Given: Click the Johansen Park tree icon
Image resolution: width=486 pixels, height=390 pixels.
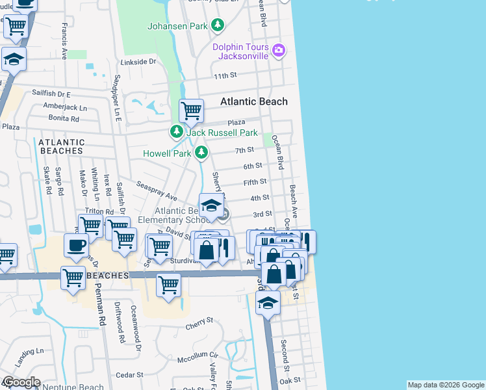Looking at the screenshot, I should (x=218, y=26).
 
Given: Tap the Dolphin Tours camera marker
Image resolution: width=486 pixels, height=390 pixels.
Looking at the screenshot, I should (x=279, y=50).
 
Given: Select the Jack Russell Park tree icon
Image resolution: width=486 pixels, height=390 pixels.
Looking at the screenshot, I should (x=176, y=132).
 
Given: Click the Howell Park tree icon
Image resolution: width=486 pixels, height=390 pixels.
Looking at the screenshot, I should (x=202, y=153).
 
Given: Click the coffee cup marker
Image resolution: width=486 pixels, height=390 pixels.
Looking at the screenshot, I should (x=76, y=246).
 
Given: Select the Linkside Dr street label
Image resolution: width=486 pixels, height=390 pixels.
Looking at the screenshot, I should (x=138, y=62).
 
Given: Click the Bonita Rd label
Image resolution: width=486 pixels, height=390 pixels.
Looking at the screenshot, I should (x=63, y=119).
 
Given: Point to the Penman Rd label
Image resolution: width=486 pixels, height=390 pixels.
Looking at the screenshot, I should (x=102, y=312).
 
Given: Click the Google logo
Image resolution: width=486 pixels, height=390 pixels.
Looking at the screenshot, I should (x=21, y=382).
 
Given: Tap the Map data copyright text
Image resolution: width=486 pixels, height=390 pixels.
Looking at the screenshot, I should (x=445, y=385).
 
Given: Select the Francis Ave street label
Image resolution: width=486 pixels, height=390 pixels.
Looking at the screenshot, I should (x=64, y=41).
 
